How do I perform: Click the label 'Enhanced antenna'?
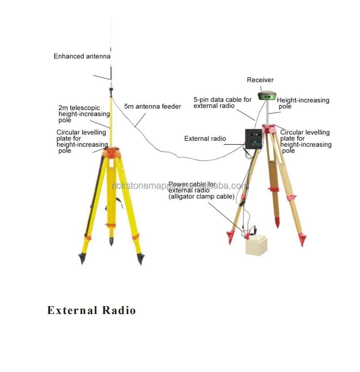82,56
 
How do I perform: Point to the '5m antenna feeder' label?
152,106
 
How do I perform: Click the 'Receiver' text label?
260,80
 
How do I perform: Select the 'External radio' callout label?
205,139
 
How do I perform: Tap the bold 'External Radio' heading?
91,310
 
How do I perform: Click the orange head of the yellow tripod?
111,152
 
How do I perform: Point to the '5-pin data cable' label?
222,103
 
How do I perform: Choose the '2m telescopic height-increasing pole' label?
84,114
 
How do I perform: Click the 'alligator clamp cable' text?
201,197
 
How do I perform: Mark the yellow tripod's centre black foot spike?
111,242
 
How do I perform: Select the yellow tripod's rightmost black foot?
141,259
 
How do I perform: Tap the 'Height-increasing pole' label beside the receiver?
303,103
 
